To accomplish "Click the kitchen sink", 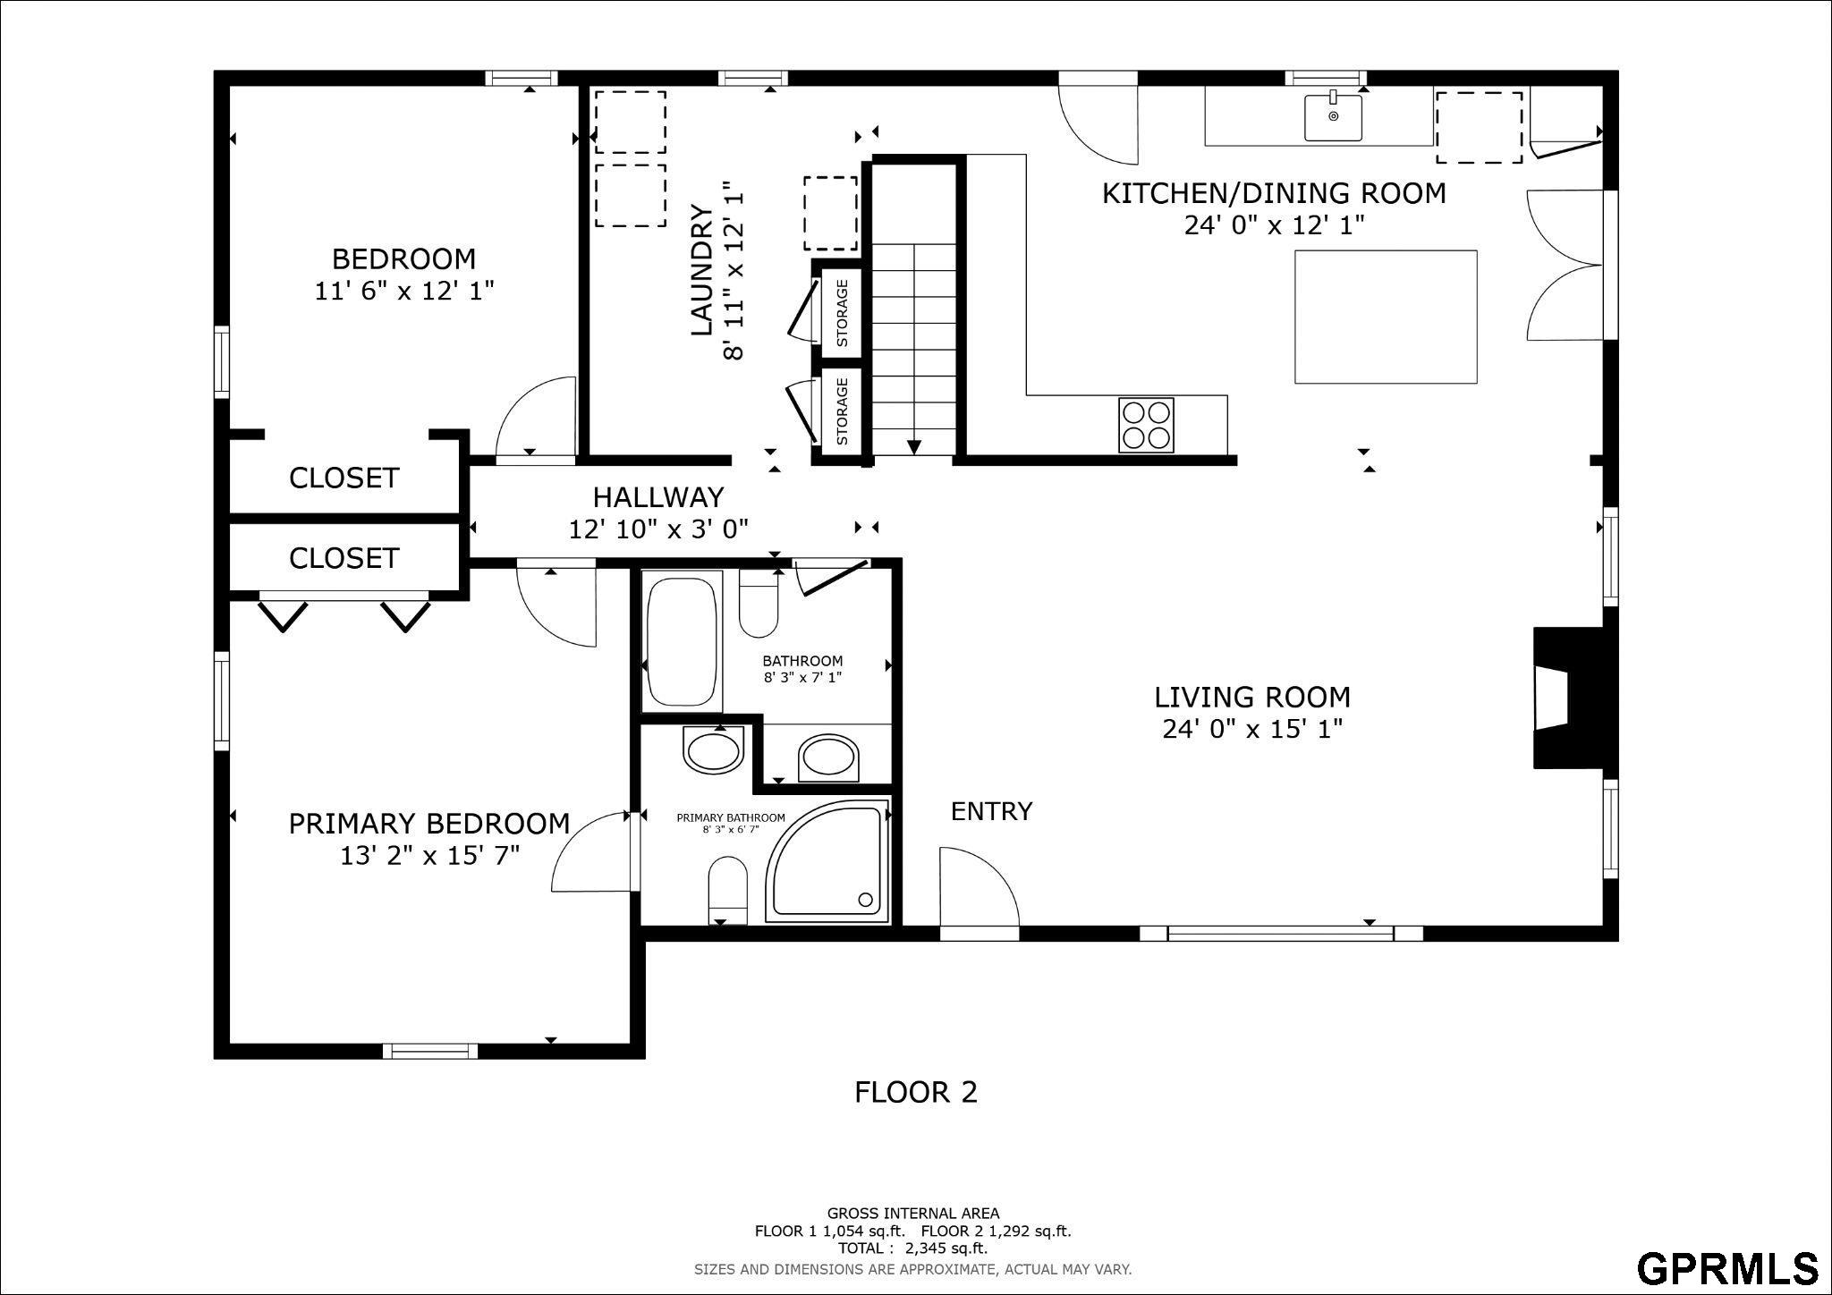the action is pos(1333,117).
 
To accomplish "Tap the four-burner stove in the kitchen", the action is pos(1147,425).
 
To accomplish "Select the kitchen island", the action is pos(1386,317).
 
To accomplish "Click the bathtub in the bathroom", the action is pos(683,642).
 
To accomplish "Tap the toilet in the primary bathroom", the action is pos(727,891).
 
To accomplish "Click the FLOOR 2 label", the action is pos(916,1092).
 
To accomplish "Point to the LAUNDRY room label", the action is pos(703,270).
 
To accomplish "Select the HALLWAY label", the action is pos(658,496).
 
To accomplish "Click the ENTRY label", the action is pos(991,811).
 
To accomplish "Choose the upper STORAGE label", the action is pos(842,313).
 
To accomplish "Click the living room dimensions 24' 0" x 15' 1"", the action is pos(1252,730).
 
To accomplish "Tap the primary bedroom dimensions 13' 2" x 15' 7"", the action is pos(429,856).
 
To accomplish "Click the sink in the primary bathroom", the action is pos(713,749).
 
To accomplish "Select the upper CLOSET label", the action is pos(343,478).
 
